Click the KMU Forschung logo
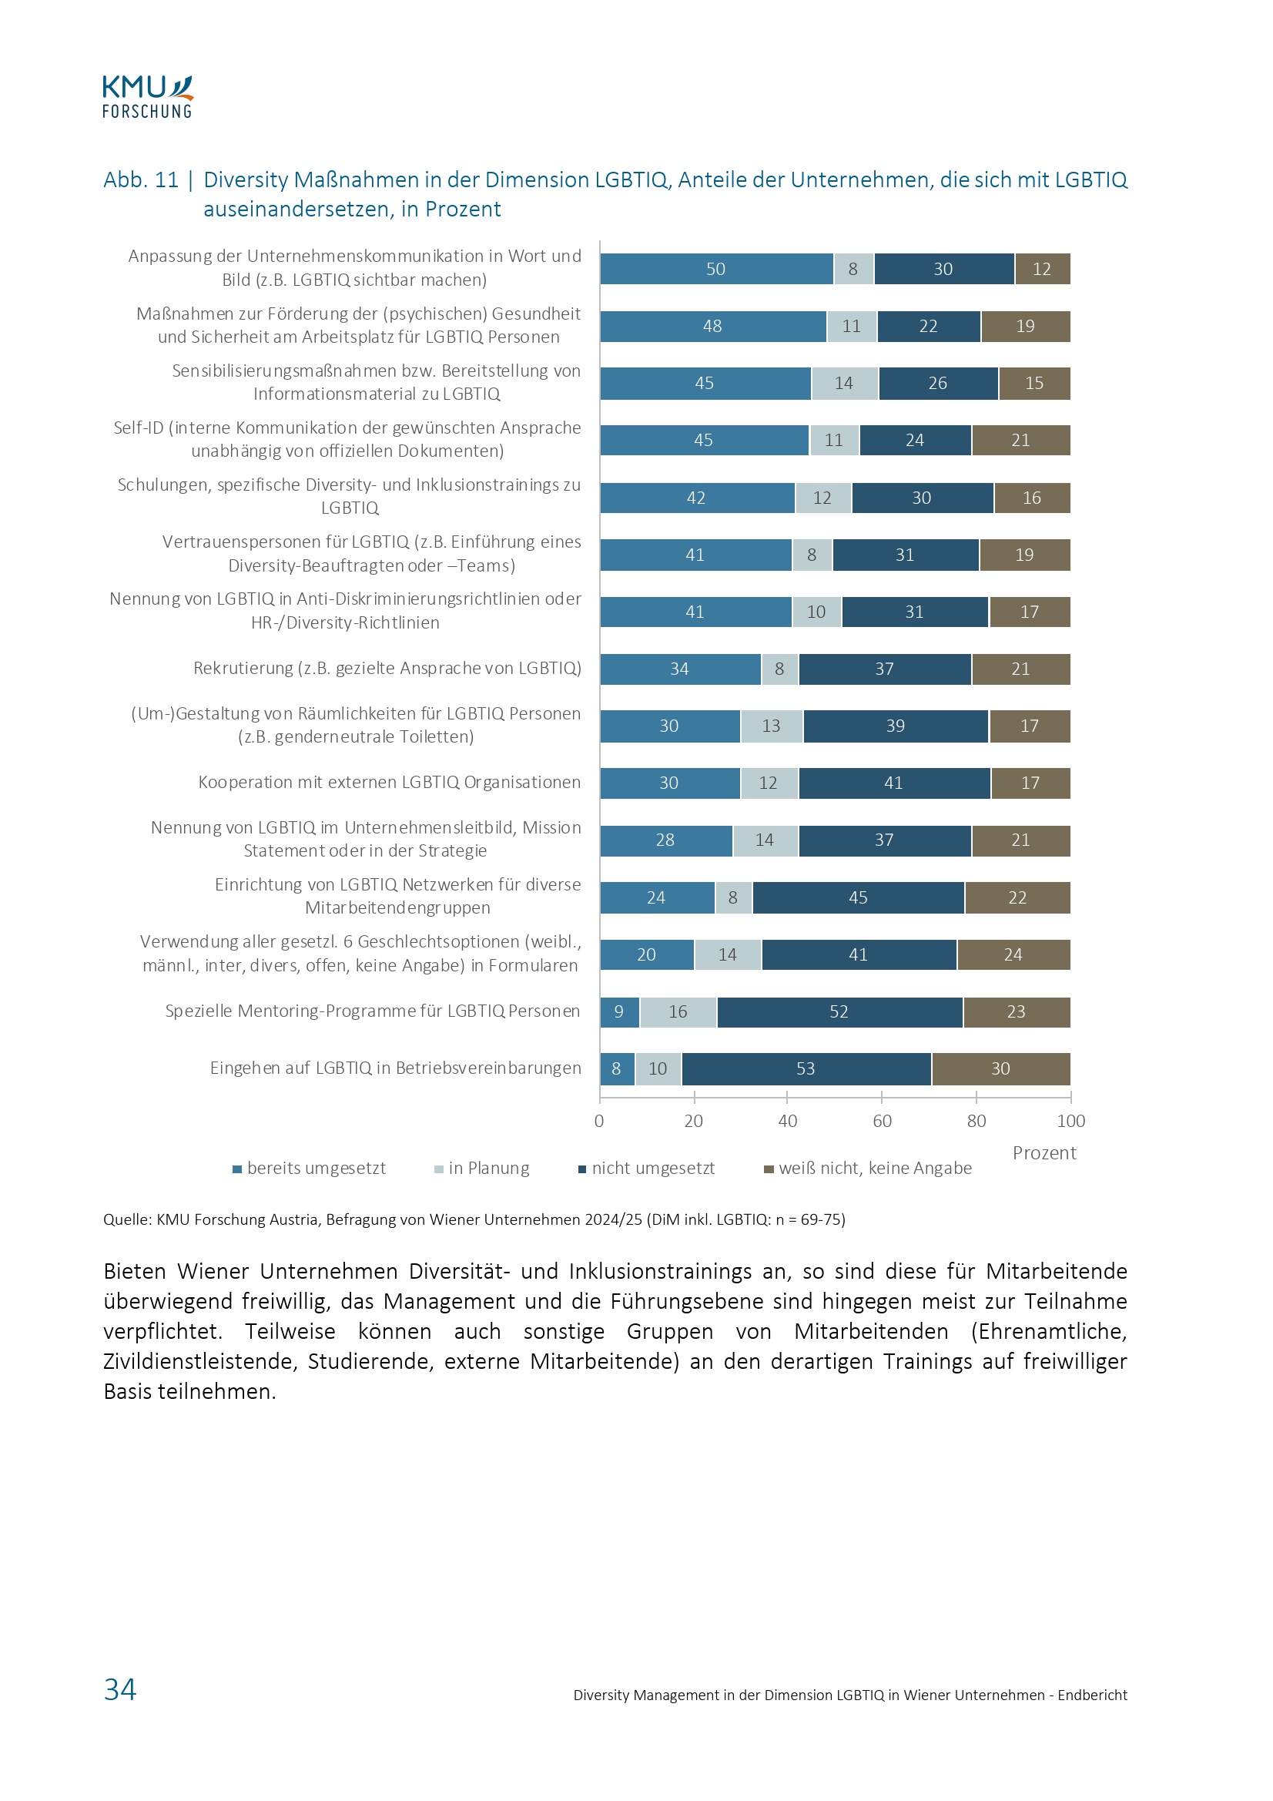[x=147, y=97]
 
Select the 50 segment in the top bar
[x=716, y=269]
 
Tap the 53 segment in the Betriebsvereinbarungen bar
[x=806, y=1068]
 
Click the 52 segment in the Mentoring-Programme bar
[x=839, y=1012]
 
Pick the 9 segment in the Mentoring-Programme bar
[x=620, y=1012]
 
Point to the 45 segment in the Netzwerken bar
[x=858, y=897]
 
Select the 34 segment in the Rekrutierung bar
[x=680, y=669]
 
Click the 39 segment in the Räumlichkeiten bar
[x=895, y=726]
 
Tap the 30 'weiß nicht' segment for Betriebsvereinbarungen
[x=1000, y=1068]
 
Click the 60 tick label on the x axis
[x=882, y=1121]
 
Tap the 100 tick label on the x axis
[x=1070, y=1121]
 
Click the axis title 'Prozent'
[x=1044, y=1153]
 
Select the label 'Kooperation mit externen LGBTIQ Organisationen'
[x=389, y=782]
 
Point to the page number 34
[x=120, y=1689]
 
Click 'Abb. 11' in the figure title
[x=141, y=179]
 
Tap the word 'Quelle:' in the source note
[x=128, y=1219]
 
